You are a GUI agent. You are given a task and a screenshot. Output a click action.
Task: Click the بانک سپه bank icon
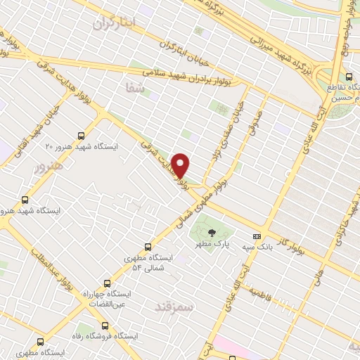point(257,236)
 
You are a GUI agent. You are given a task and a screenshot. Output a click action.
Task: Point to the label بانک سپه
point(258,248)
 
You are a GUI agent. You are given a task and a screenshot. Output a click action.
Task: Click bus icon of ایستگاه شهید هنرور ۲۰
point(81,135)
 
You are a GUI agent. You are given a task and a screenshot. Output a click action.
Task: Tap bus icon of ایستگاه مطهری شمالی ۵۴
point(148,246)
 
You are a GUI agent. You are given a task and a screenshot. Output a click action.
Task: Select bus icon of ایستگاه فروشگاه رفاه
point(105,326)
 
